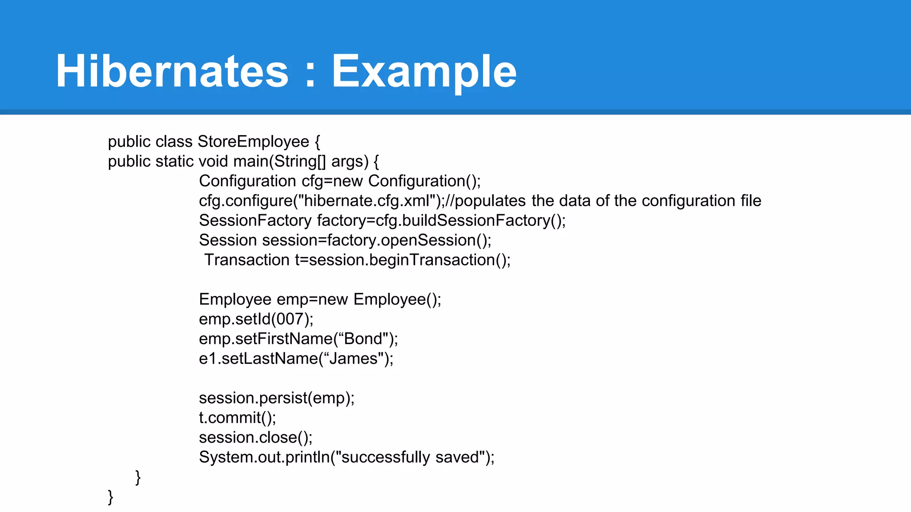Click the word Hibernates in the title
(x=172, y=71)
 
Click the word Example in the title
(x=424, y=71)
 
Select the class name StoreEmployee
(x=253, y=142)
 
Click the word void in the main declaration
(x=213, y=161)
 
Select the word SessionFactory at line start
(x=255, y=220)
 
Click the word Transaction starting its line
(x=247, y=260)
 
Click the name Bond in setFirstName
(x=363, y=339)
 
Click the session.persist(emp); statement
(x=277, y=398)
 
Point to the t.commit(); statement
(x=238, y=418)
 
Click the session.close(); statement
(x=256, y=438)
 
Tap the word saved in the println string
(x=457, y=457)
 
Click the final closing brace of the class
(x=110, y=497)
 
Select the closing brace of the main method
(x=138, y=477)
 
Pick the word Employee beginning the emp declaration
(x=235, y=300)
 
